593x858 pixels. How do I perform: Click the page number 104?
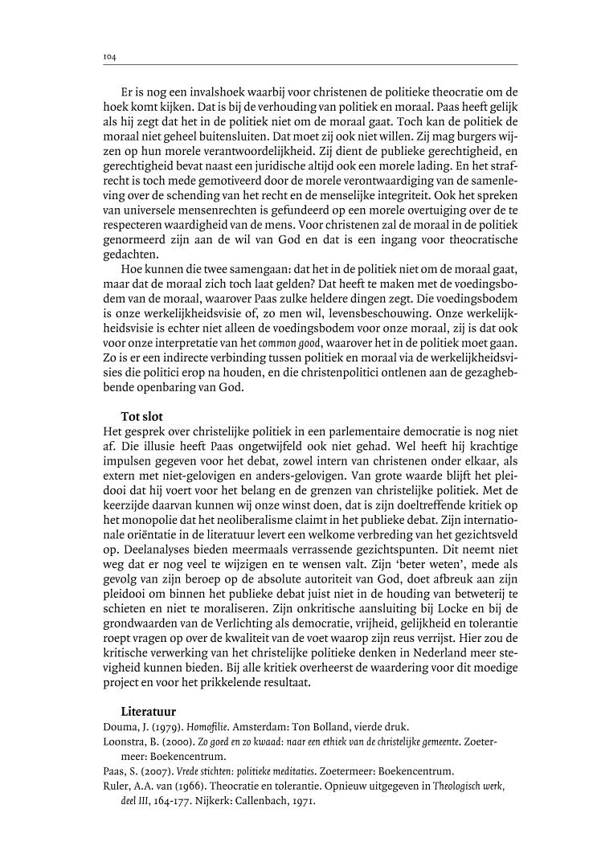click(110, 57)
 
